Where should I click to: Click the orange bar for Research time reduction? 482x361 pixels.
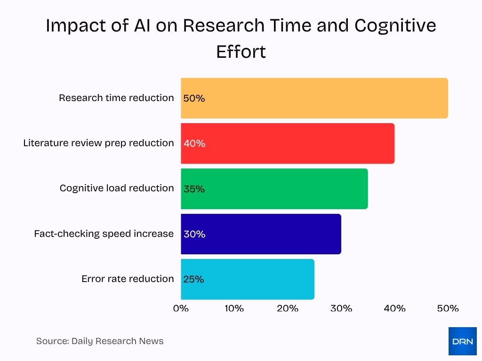pyautogui.click(x=314, y=98)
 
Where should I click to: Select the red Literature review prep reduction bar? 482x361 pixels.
pyautogui.click(x=288, y=143)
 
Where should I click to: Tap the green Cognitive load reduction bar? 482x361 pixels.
pyautogui.click(x=274, y=188)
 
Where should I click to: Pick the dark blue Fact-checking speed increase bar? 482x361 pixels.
pyautogui.click(x=261, y=234)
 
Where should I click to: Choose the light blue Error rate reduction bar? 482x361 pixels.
pyautogui.click(x=248, y=279)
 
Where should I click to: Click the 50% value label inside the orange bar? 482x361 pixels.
pyautogui.click(x=194, y=99)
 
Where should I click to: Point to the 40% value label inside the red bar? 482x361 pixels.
pyautogui.click(x=194, y=144)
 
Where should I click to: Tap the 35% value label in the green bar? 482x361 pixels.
pyautogui.click(x=194, y=189)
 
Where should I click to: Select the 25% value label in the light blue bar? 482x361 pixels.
pyautogui.click(x=194, y=279)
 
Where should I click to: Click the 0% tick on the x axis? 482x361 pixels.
pyautogui.click(x=181, y=308)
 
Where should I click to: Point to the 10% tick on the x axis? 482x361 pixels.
pyautogui.click(x=234, y=308)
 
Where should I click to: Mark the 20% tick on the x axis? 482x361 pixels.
pyautogui.click(x=288, y=308)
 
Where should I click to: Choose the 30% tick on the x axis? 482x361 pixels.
pyautogui.click(x=341, y=308)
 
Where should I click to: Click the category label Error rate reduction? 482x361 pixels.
pyautogui.click(x=128, y=279)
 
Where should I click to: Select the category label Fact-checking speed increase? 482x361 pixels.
pyautogui.click(x=104, y=234)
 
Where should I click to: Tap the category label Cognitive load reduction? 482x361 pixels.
pyautogui.click(x=117, y=188)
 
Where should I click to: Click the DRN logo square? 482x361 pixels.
pyautogui.click(x=462, y=341)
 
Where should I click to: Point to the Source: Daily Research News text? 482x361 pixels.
pyautogui.click(x=100, y=341)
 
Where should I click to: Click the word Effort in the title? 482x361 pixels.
pyautogui.click(x=241, y=52)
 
